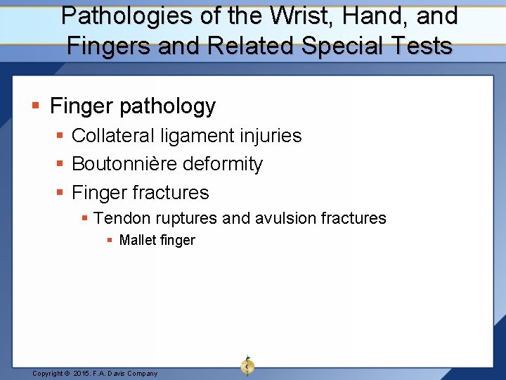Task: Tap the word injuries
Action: (271, 136)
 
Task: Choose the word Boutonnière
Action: (124, 164)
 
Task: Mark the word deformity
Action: (223, 164)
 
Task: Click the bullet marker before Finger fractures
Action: (61, 192)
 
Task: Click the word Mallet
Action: (138, 241)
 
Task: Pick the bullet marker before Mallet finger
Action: (110, 241)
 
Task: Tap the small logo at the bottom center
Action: (247, 365)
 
